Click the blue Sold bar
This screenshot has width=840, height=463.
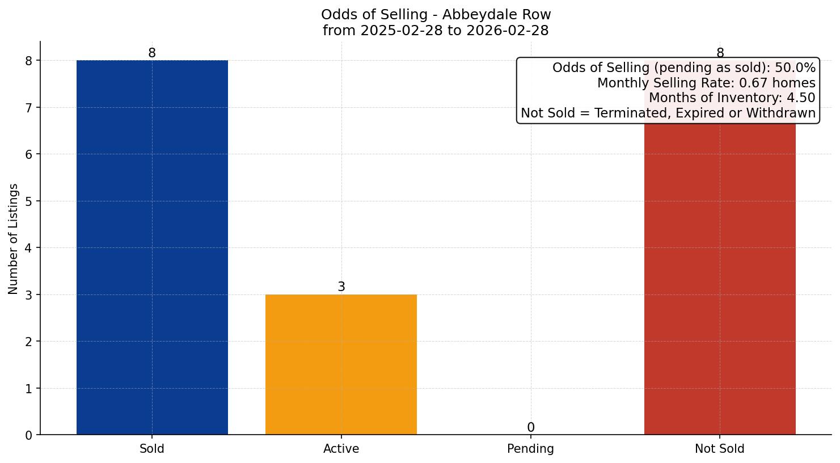152,247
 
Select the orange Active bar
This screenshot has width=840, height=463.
341,364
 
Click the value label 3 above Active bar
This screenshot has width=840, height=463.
341,287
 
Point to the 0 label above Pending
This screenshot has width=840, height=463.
530,428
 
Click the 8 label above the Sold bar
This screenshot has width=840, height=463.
152,53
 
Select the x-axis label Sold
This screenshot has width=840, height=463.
152,449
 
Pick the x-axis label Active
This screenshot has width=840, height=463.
341,449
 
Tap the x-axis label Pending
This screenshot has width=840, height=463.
530,449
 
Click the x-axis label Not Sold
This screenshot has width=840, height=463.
719,449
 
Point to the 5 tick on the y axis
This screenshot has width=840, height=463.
29,201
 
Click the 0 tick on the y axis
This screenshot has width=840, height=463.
29,435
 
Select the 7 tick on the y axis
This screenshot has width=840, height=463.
29,108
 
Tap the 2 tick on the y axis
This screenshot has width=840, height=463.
29,342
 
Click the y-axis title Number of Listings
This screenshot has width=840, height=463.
14,239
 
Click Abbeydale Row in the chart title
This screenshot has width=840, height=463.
496,15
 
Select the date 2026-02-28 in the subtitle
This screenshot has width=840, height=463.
507,31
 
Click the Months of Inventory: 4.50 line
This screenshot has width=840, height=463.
732,98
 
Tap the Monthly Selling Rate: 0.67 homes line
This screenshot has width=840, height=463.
706,83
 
